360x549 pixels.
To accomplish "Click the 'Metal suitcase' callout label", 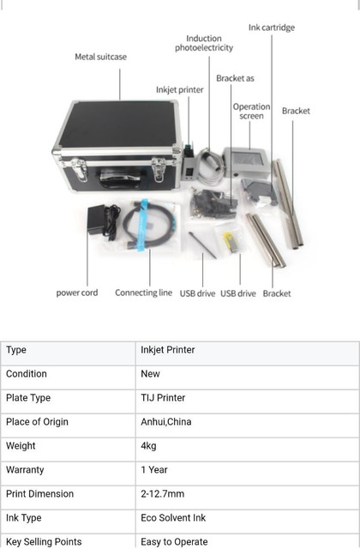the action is [101, 57].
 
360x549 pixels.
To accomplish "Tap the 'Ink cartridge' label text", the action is [272, 27].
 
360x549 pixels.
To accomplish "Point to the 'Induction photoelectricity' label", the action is [204, 43].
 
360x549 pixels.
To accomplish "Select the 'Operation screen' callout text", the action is [251, 111].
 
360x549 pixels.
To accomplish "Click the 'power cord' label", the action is [77, 293].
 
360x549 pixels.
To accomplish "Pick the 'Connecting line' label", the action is [143, 293].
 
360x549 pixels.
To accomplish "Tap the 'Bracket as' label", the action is [235, 78].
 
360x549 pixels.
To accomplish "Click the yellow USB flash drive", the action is [231, 242].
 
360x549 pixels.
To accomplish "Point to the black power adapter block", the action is [96, 220].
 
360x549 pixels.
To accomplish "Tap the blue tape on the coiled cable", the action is [143, 225].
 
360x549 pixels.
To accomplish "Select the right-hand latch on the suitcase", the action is [159, 169].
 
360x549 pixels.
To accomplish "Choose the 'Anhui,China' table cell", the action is [166, 421].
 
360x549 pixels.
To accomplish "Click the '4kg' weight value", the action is [148, 446].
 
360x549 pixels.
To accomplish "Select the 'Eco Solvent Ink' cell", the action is [173, 518].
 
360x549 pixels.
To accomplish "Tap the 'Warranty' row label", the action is [25, 470].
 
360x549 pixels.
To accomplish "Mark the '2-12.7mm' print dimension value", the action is [162, 494].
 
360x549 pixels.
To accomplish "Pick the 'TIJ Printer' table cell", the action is [163, 398].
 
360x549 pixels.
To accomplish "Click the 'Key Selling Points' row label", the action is [44, 542].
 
